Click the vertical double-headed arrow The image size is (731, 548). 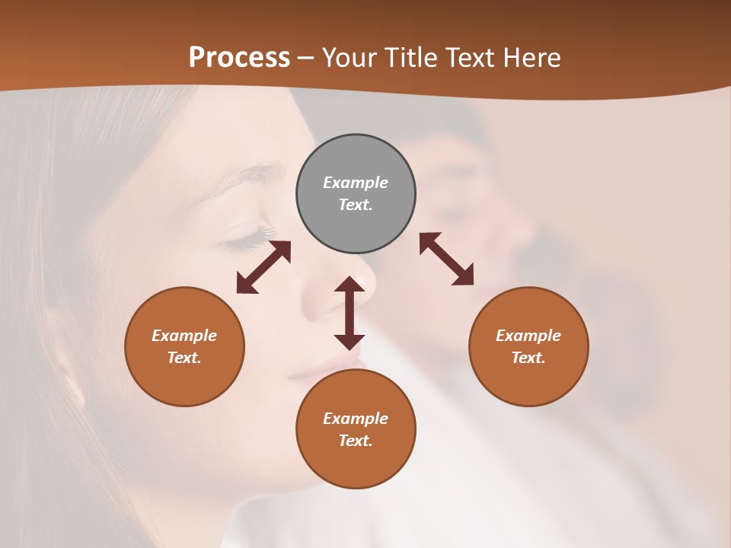(350, 313)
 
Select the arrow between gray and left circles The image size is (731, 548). (263, 267)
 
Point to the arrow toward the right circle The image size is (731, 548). (446, 259)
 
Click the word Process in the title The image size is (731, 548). (239, 58)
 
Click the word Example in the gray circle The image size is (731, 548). (356, 183)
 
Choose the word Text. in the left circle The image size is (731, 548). (184, 358)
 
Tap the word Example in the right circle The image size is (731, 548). (528, 336)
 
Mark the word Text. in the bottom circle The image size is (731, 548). (356, 441)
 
